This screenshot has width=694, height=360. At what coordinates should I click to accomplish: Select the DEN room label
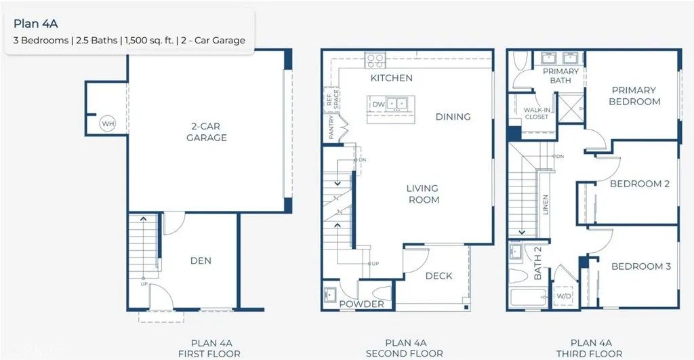(200, 260)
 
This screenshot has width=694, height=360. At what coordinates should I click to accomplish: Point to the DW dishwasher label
(378, 104)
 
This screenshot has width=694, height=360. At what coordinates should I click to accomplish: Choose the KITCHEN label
(391, 78)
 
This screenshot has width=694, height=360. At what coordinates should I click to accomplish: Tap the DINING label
(453, 117)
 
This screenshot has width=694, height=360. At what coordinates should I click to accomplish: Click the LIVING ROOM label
(422, 194)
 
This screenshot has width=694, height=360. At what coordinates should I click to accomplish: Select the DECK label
(438, 276)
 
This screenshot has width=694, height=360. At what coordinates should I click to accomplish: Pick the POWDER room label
(361, 304)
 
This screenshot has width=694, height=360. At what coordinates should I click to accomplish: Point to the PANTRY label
(331, 127)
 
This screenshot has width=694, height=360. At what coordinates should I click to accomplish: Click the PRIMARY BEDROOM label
(634, 96)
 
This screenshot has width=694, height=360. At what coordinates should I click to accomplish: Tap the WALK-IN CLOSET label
(536, 113)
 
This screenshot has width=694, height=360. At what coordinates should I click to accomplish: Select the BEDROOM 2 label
(639, 184)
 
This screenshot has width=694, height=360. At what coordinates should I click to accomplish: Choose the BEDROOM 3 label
(640, 266)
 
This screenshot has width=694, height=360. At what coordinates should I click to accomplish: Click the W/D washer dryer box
(564, 296)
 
